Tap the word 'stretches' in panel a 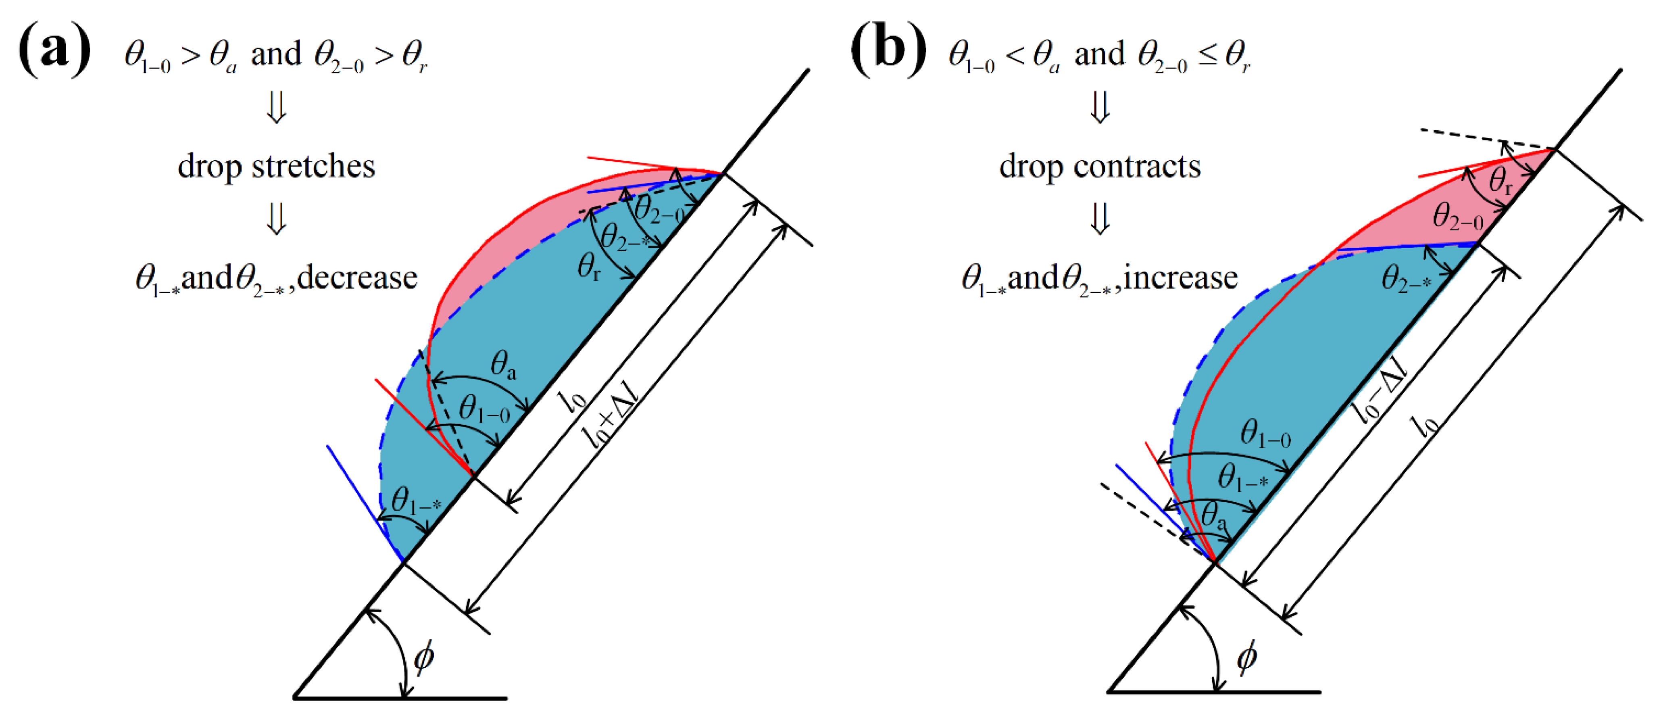click(x=313, y=167)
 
